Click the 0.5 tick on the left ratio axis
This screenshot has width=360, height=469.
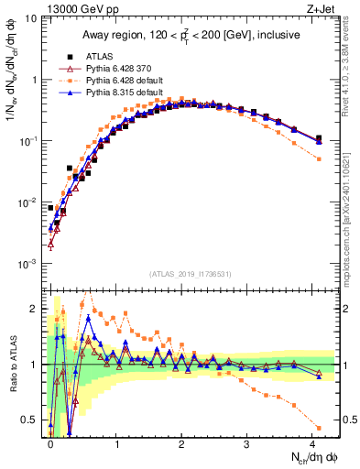click(x=33, y=420)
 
